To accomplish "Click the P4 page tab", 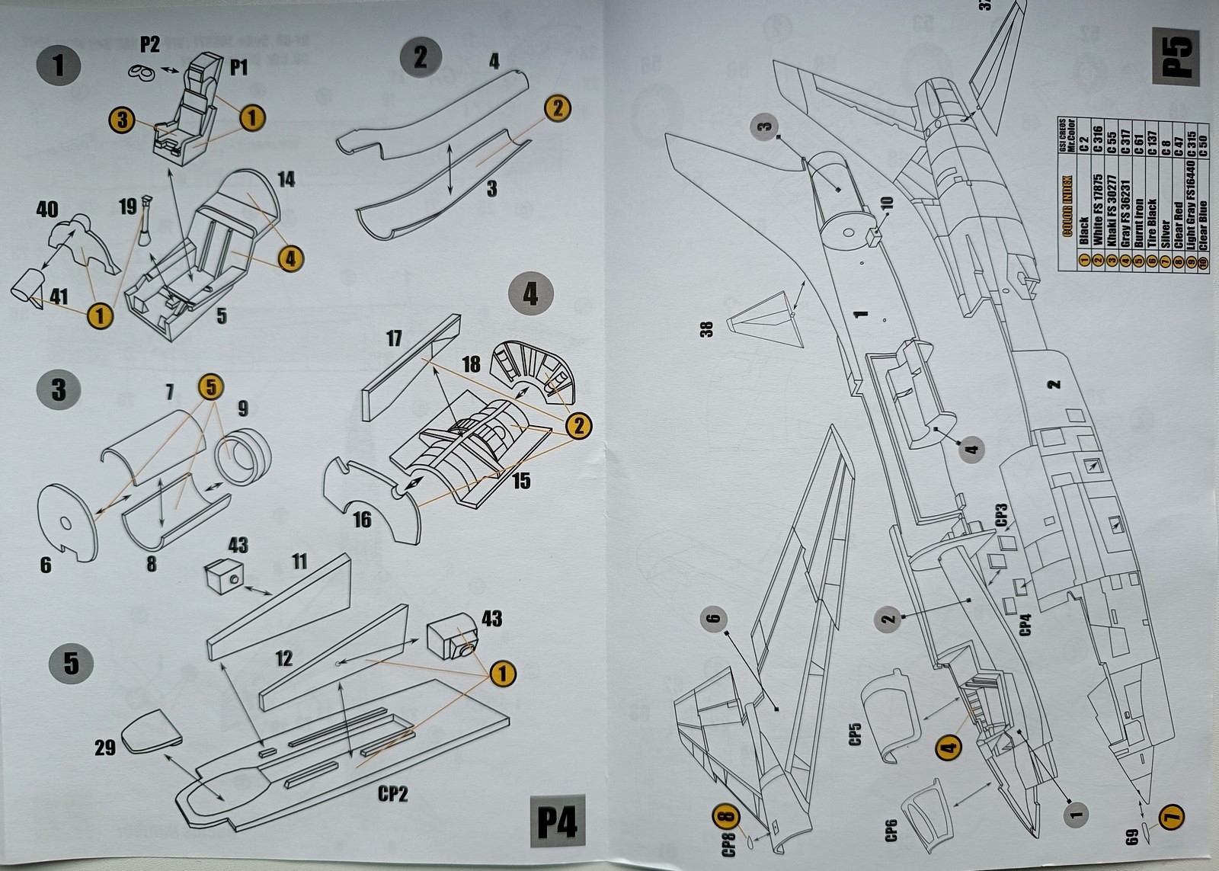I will click(x=557, y=824).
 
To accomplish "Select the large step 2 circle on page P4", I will click(x=421, y=58).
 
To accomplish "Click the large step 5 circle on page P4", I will click(x=71, y=662).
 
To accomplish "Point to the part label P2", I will click(x=149, y=45).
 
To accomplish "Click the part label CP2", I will click(x=393, y=794).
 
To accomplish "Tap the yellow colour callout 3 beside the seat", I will click(x=122, y=120).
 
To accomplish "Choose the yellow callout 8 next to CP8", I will click(x=727, y=818).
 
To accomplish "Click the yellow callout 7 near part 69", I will click(x=1173, y=817).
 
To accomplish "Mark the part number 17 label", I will click(x=394, y=338).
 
